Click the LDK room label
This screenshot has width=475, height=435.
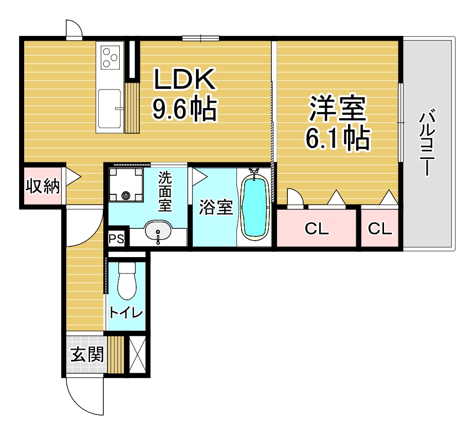pyautogui.click(x=185, y=79)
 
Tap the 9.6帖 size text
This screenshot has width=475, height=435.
pyautogui.click(x=185, y=108)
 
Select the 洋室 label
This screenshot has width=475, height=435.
pyautogui.click(x=337, y=108)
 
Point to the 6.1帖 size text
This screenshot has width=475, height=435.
pyautogui.click(x=337, y=138)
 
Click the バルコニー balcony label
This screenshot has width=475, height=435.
pyautogui.click(x=427, y=142)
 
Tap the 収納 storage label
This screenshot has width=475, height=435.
pyautogui.click(x=42, y=186)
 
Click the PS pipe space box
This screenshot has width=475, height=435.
pyautogui.click(x=117, y=239)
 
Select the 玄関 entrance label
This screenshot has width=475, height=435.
pyautogui.click(x=87, y=354)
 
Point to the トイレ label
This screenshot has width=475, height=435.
pyautogui.click(x=126, y=312)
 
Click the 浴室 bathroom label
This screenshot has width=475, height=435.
pyautogui.click(x=216, y=208)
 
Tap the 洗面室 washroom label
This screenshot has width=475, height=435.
pyautogui.click(x=165, y=192)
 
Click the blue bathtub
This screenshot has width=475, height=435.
pyautogui.click(x=255, y=207)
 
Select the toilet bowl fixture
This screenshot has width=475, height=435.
pyautogui.click(x=126, y=281)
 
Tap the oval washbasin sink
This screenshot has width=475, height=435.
pyautogui.click(x=158, y=230)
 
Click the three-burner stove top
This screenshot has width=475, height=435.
pyautogui.click(x=109, y=57)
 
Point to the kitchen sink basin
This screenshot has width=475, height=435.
pyautogui.click(x=109, y=108)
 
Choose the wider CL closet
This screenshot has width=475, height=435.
pyautogui.click(x=317, y=228)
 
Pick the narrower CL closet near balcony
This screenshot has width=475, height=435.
pyautogui.click(x=380, y=228)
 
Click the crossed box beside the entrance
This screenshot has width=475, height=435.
pyautogui.click(x=137, y=355)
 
